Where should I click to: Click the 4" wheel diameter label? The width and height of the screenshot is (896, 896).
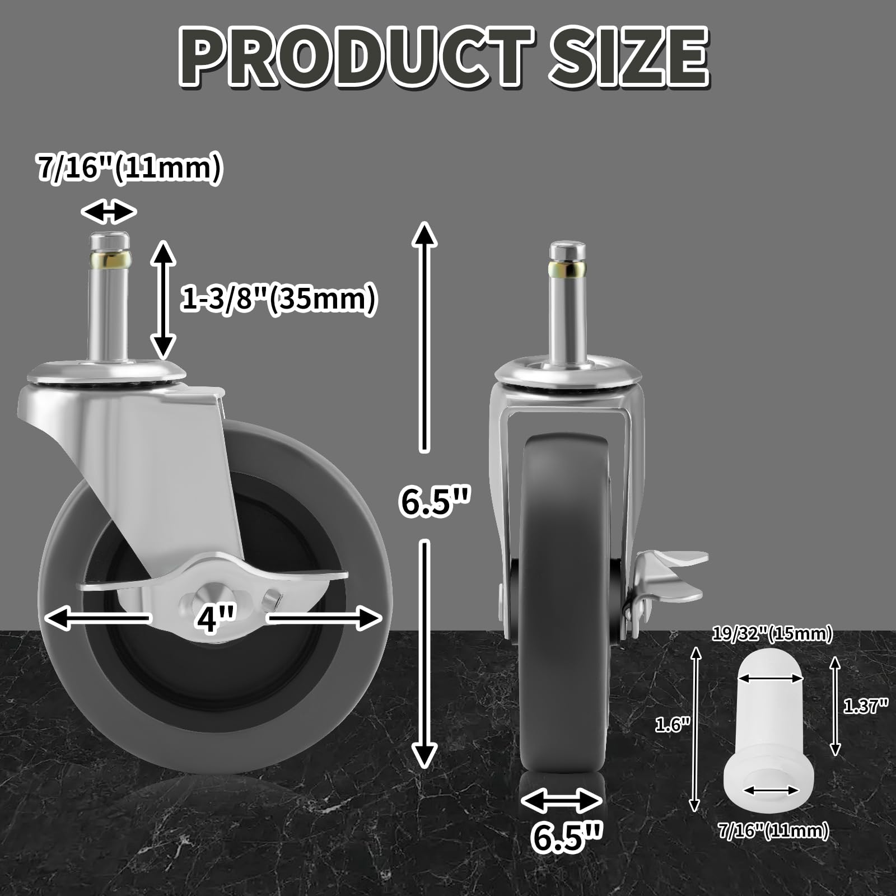pyautogui.click(x=210, y=619)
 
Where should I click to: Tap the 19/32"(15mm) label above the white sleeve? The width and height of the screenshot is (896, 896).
pyautogui.click(x=772, y=634)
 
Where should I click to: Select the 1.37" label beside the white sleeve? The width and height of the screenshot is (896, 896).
pyautogui.click(x=866, y=706)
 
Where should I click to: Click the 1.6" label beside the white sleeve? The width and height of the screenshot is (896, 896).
pyautogui.click(x=672, y=725)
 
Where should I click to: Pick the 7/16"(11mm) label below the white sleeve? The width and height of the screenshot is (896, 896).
pyautogui.click(x=773, y=830)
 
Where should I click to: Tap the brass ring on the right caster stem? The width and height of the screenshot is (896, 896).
pyautogui.click(x=568, y=269)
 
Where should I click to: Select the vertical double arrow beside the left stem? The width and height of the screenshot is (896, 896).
pyautogui.click(x=163, y=300)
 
